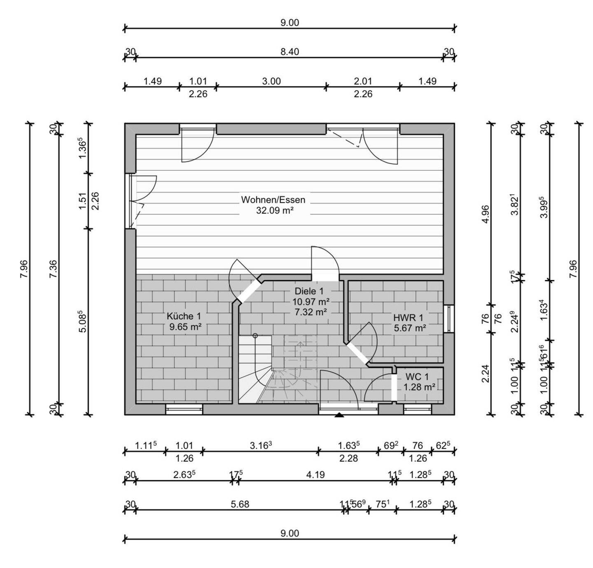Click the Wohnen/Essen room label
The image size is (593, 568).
click(273, 200)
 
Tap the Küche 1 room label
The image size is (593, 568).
click(184, 317)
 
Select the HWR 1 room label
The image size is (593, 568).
click(408, 318)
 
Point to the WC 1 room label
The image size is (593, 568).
click(417, 377)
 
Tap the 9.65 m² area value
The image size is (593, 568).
click(185, 327)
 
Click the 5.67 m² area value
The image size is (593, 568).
click(410, 328)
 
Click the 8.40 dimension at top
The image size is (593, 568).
click(289, 52)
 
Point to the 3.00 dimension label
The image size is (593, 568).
click(271, 81)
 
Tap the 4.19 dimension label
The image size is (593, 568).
click(315, 475)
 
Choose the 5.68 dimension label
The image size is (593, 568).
click(240, 504)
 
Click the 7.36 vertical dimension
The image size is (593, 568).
click(53, 269)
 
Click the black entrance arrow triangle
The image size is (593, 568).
click(339, 415)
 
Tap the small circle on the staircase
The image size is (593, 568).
click(255, 336)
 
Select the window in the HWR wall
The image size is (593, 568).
click(451, 319)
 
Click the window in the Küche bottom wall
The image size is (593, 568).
click(184, 409)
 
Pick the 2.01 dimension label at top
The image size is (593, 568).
click(363, 81)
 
